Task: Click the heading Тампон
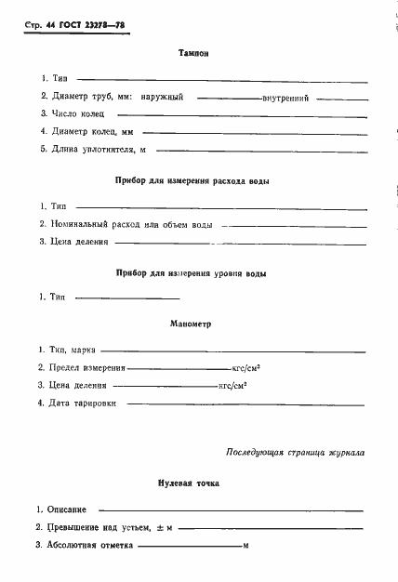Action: (x=192, y=53)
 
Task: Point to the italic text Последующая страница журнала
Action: (x=295, y=453)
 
